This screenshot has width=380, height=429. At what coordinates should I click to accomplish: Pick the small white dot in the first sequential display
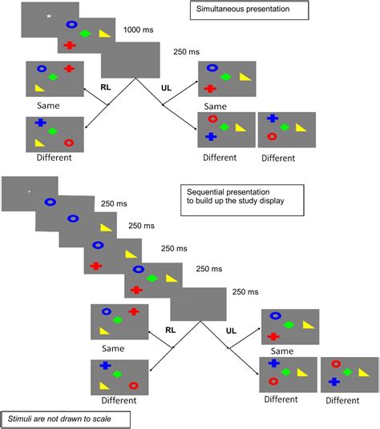(x=29, y=191)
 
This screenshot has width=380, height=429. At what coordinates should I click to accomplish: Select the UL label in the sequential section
(x=232, y=329)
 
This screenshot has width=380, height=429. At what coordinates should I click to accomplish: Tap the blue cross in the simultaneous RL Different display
(x=40, y=122)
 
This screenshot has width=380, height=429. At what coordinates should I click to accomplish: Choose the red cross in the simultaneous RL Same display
(x=69, y=69)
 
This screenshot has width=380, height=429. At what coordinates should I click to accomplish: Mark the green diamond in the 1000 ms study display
(x=86, y=34)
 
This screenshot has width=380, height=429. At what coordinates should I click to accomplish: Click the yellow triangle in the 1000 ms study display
(x=104, y=34)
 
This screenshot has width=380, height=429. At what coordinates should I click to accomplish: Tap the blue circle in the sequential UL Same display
(x=276, y=316)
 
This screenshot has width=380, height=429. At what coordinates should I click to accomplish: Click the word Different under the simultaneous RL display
(x=55, y=158)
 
